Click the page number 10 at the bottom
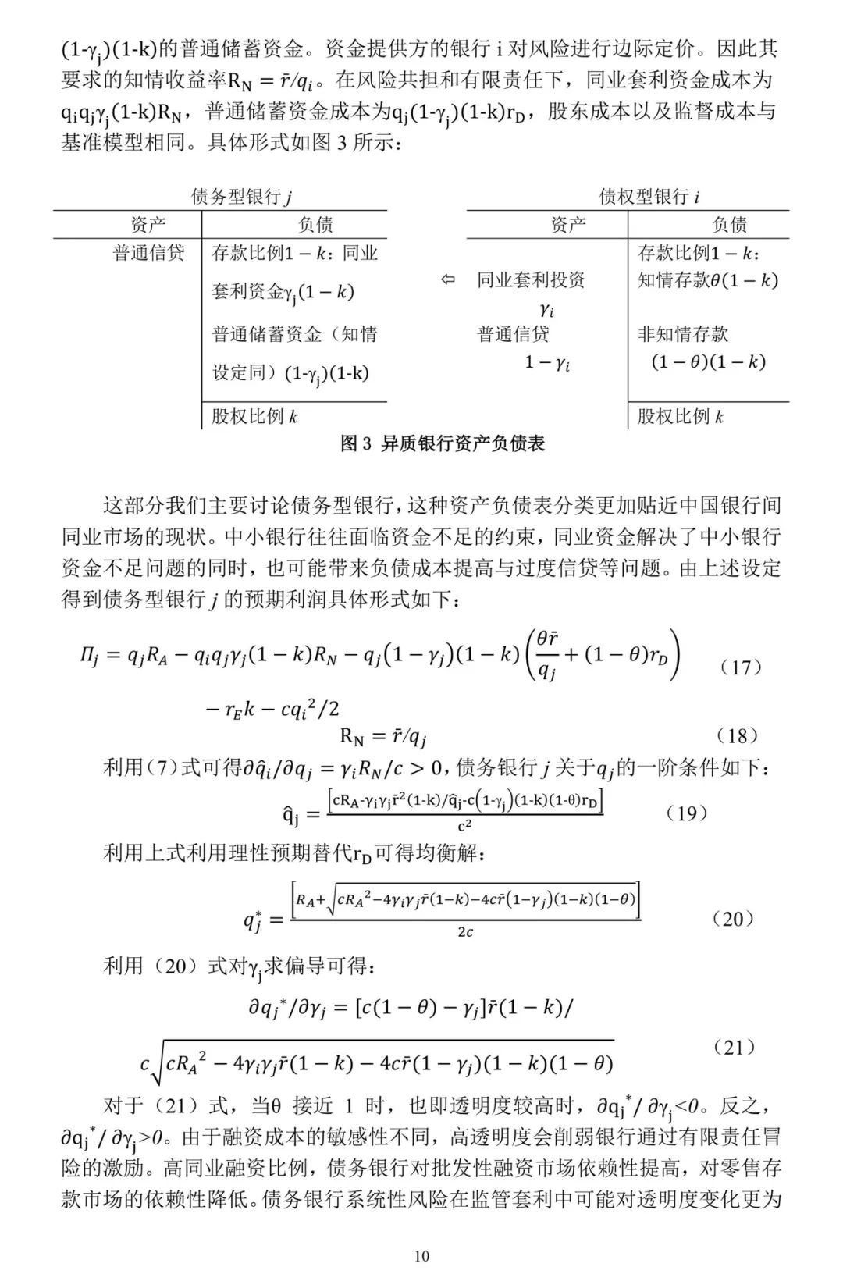point(421,1256)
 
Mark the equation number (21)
point(735,1048)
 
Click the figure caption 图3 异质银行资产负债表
point(443,444)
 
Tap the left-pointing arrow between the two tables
point(447,279)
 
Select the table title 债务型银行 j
point(242,196)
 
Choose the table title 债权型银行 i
point(649,196)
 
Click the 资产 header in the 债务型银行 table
point(148,225)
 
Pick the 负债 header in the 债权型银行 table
point(729,225)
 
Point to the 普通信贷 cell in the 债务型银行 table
point(148,253)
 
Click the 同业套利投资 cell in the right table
point(531,279)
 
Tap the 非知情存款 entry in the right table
point(683,334)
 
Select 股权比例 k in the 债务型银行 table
point(254,416)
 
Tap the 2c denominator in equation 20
point(464,932)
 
